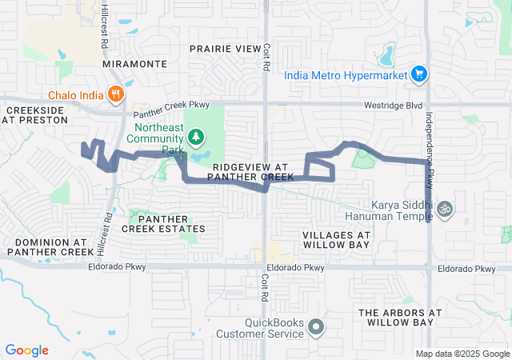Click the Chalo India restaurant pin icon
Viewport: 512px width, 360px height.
point(117,94)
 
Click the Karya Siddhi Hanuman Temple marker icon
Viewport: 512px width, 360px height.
point(446,210)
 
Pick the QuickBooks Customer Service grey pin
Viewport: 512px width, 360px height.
point(317,326)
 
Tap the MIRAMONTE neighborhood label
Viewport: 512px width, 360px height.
point(135,63)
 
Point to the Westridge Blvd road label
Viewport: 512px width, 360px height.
point(394,104)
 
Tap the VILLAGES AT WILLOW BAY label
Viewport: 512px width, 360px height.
point(336,240)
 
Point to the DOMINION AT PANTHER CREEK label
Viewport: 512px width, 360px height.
point(50,246)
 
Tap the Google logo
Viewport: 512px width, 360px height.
point(26,350)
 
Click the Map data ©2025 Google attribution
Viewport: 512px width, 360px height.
point(462,354)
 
